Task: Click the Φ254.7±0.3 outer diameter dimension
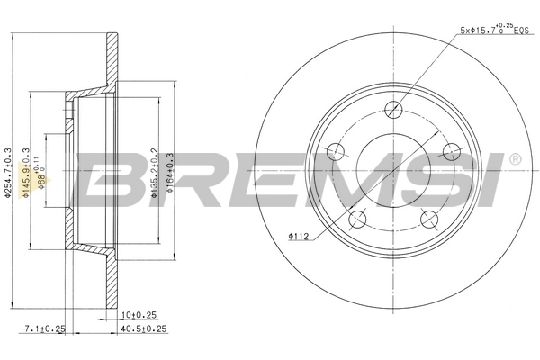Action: [7, 173]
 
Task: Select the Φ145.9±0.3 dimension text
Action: [27, 173]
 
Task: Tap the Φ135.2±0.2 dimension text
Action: [155, 173]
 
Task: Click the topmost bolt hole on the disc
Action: [392, 110]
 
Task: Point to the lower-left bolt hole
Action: [357, 217]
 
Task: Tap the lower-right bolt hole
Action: [427, 218]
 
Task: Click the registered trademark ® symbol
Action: [515, 159]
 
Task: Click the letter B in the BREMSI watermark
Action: [115, 179]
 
